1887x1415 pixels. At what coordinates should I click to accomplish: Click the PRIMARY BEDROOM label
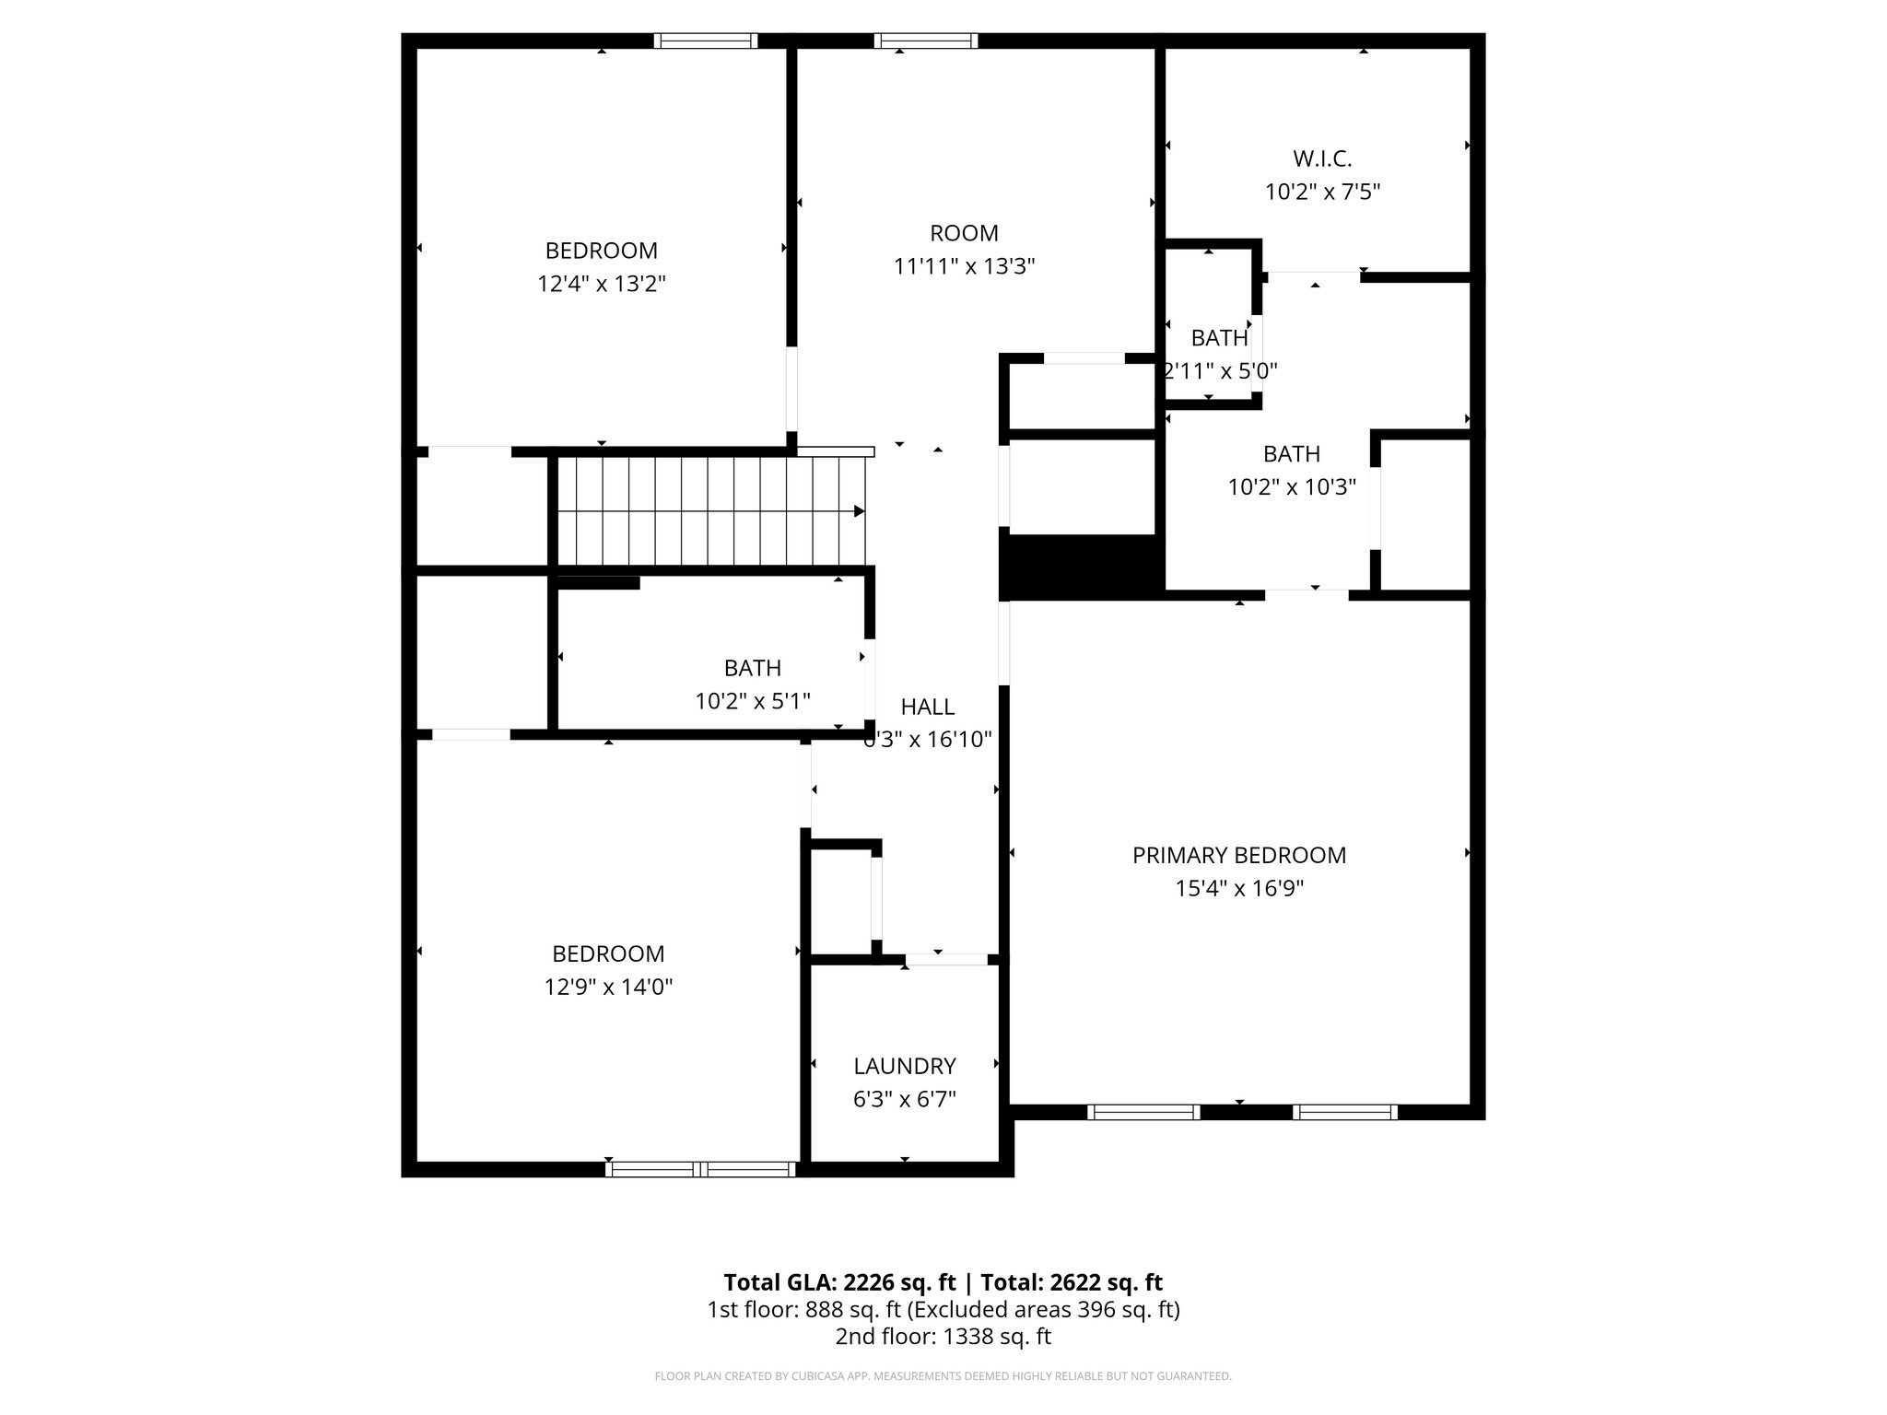(x=1238, y=855)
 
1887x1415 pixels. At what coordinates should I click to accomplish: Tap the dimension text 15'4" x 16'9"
(x=1238, y=888)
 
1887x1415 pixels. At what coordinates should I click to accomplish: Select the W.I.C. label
(x=1322, y=158)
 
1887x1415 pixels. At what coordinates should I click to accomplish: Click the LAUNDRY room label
(x=904, y=1066)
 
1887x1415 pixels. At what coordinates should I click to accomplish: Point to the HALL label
(x=927, y=707)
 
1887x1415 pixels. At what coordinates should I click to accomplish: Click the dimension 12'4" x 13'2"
(x=602, y=284)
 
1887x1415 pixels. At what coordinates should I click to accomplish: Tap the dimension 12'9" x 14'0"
(x=608, y=987)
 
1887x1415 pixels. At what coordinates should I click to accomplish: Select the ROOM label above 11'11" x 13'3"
(x=964, y=233)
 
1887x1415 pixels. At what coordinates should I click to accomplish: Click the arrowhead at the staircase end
(x=859, y=511)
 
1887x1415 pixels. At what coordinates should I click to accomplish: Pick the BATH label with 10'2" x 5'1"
(x=752, y=668)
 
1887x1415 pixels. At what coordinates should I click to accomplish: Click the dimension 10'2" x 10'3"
(x=1291, y=487)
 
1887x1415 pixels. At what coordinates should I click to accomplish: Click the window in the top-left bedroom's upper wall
(x=706, y=41)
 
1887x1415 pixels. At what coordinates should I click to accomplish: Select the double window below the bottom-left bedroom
(x=700, y=1169)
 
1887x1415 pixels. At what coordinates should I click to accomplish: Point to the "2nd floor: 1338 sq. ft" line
(x=943, y=1337)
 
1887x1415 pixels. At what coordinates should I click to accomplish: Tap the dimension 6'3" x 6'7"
(x=904, y=1099)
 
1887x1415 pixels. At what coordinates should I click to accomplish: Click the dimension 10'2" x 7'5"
(x=1322, y=192)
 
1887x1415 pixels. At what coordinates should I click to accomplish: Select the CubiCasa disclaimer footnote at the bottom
(x=943, y=1376)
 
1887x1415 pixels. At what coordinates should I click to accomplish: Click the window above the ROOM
(x=925, y=41)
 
